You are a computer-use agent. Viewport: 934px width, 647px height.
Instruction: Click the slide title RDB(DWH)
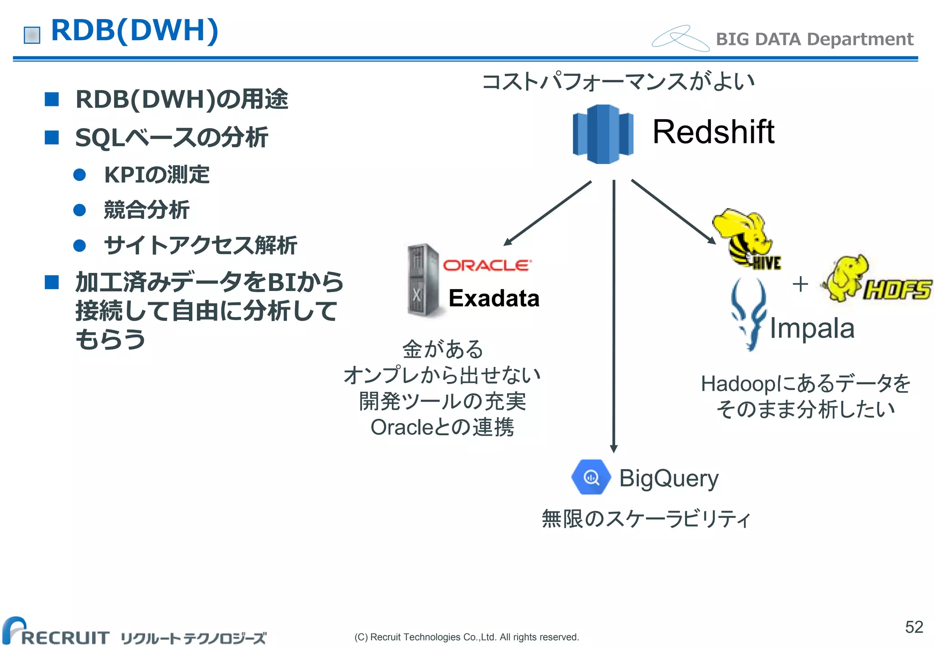pyautogui.click(x=135, y=31)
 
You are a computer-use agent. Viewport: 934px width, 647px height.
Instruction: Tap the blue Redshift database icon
pyautogui.click(x=603, y=134)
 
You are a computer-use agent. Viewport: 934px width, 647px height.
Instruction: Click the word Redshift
pyautogui.click(x=713, y=132)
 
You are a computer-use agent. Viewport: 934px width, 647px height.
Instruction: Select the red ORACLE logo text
pyautogui.click(x=487, y=266)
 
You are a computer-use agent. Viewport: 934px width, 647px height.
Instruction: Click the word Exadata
pyautogui.click(x=494, y=298)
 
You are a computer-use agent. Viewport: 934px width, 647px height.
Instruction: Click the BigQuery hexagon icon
pyautogui.click(x=591, y=477)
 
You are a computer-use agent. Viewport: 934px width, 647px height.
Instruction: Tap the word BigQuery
pyautogui.click(x=669, y=479)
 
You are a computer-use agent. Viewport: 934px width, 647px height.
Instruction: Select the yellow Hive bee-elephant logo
pyautogui.click(x=746, y=239)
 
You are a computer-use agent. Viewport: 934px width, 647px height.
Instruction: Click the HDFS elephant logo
pyautogui.click(x=876, y=281)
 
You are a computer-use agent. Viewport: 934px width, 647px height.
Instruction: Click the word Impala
pyautogui.click(x=812, y=329)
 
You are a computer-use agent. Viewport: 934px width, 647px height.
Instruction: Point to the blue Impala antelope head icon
pyautogui.click(x=748, y=314)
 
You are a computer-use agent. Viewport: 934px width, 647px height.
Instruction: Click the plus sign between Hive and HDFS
pyautogui.click(x=800, y=284)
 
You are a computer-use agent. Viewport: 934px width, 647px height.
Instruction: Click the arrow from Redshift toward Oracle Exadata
pyautogui.click(x=548, y=213)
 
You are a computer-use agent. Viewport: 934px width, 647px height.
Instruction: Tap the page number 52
pyautogui.click(x=914, y=627)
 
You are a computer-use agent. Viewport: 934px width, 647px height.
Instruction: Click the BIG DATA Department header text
pyautogui.click(x=814, y=39)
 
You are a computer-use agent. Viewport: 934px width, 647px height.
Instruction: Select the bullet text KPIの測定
pyautogui.click(x=156, y=175)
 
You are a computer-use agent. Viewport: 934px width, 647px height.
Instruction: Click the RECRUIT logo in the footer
pyautogui.click(x=57, y=633)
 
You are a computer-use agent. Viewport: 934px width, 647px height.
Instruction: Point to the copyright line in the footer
pyautogui.click(x=467, y=637)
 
